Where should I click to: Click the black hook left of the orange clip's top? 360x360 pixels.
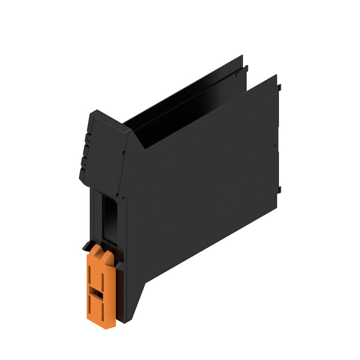pyautogui.click(x=85, y=246)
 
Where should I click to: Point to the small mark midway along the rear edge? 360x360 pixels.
pyautogui.click(x=274, y=146)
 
